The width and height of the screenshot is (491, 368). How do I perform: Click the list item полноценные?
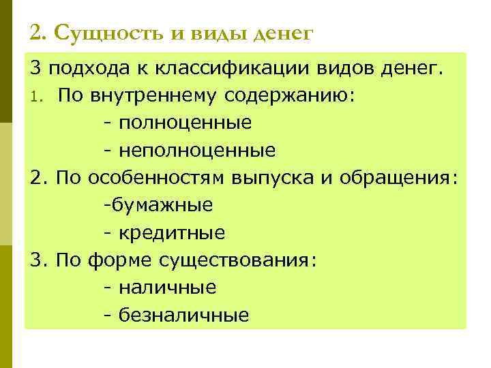click(x=185, y=123)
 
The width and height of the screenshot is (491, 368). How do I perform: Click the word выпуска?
click(x=271, y=177)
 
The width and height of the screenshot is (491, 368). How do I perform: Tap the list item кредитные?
click(x=172, y=233)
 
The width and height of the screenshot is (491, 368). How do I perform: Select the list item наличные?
click(x=168, y=287)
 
